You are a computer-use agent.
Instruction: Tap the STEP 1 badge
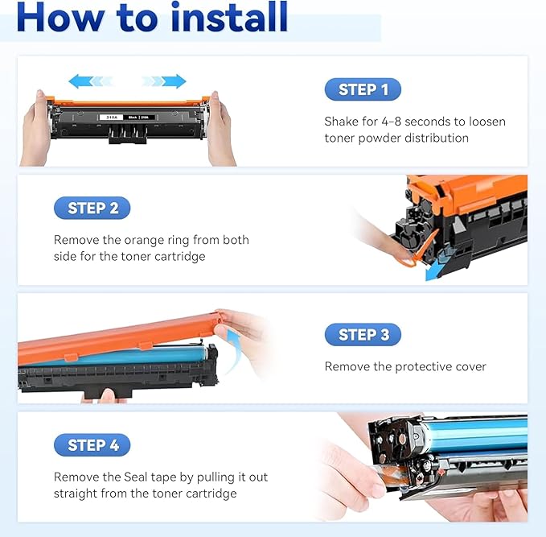363,89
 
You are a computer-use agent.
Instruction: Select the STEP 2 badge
92,208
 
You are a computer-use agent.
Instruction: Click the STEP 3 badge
363,334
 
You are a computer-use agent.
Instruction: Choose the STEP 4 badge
92,444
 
